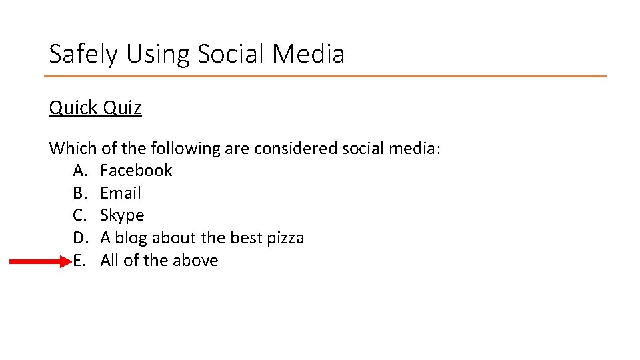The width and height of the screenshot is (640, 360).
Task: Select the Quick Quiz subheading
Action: pyautogui.click(x=95, y=107)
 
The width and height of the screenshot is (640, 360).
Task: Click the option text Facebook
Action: pyautogui.click(x=136, y=171)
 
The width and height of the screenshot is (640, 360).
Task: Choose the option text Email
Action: pyautogui.click(x=121, y=193)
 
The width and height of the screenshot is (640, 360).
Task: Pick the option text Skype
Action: pyautogui.click(x=122, y=216)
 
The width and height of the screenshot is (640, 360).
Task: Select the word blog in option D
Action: pyautogui.click(x=132, y=238)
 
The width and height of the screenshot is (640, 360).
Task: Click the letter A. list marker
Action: pyautogui.click(x=81, y=171)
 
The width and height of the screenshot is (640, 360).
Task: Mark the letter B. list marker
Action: pyautogui.click(x=80, y=193)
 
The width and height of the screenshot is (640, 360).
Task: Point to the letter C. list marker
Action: pyautogui.click(x=80, y=215)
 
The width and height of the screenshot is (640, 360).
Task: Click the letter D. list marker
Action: pyautogui.click(x=81, y=238)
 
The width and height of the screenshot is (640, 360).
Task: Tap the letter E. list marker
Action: pyautogui.click(x=80, y=261)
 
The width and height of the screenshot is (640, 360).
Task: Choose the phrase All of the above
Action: pyautogui.click(x=159, y=261)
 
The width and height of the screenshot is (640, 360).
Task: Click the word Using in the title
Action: pyautogui.click(x=153, y=54)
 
